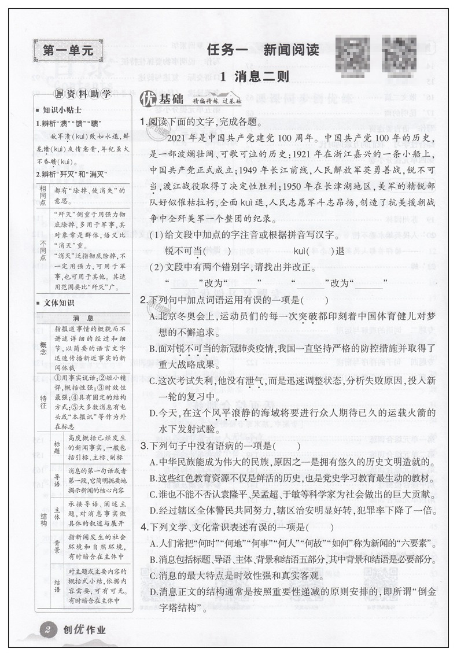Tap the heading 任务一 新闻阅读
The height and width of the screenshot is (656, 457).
263,50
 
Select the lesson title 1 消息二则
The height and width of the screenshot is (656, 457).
255,76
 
